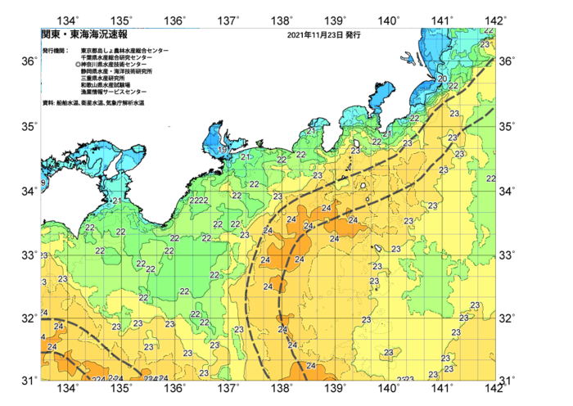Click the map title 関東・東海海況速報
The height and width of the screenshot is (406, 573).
84,35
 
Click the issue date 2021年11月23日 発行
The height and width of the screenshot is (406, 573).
324,35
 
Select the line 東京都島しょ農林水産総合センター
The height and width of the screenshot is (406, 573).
124,51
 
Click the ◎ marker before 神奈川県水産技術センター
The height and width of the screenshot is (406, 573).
77,65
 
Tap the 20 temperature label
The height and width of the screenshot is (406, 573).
442,79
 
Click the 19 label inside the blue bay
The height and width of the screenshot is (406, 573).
223,150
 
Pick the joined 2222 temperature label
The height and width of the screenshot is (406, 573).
199,201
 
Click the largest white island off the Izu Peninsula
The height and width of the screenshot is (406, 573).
362,186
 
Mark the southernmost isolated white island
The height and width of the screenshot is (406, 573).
378,249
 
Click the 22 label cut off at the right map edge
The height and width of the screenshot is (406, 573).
490,178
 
